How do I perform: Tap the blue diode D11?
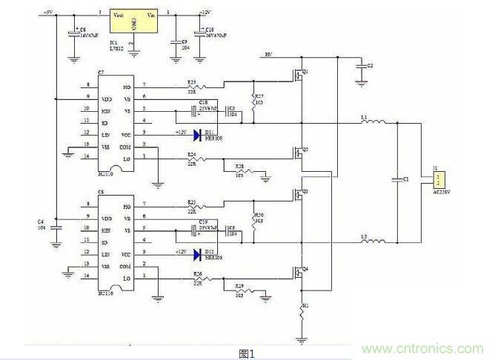(x=198, y=136)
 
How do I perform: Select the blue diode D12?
(x=198, y=254)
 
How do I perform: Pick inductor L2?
(x=374, y=241)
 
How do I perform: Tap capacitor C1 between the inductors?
(x=398, y=181)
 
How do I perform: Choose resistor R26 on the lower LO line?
(x=196, y=278)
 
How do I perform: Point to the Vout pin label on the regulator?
(x=119, y=14)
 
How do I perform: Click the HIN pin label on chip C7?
(x=106, y=109)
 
